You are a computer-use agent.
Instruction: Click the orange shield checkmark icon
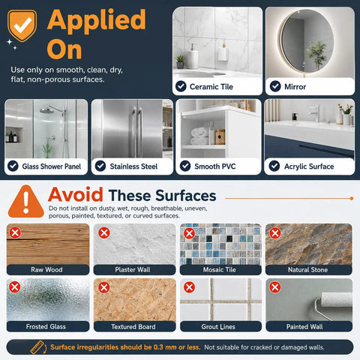pos(22,25)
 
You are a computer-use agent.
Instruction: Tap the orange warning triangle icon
pos(26,202)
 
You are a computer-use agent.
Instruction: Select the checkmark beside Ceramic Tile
pos(181,86)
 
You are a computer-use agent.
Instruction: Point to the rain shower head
pos(47,110)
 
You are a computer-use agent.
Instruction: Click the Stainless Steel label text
pos(133,166)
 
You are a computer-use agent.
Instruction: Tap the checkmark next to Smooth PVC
pos(185,166)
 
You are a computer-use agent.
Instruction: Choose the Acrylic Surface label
pos(309,166)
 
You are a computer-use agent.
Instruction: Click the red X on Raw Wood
pos(15,233)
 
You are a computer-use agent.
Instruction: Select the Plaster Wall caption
pos(133,270)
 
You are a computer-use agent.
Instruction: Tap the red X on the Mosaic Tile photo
pos(189,233)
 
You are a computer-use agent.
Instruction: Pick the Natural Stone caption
pos(307,270)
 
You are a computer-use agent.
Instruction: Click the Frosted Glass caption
pos(46,326)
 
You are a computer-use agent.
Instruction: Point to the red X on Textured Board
pos(104,287)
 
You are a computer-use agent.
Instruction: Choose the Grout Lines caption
pos(218,326)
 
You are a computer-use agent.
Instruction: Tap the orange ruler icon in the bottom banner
pos(38,347)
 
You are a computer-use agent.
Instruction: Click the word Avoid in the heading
pos(76,195)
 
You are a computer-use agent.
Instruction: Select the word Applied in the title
pos(97,20)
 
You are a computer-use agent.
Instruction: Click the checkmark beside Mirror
pos(275,86)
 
